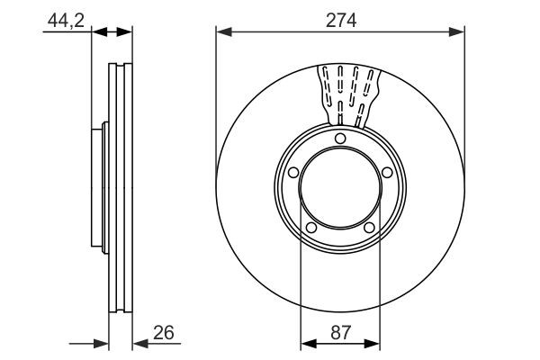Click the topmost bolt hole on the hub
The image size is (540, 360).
click(x=339, y=138)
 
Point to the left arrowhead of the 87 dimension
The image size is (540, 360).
click(x=305, y=342)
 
